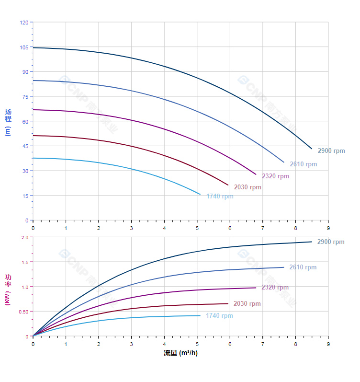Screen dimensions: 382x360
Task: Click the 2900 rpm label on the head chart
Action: click(x=331, y=150)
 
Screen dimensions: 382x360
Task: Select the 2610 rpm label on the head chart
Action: click(x=303, y=164)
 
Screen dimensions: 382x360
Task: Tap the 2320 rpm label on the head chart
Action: click(x=275, y=176)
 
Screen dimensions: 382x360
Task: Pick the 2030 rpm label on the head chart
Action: click(x=247, y=187)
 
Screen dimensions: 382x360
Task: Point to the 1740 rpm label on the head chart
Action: click(x=220, y=196)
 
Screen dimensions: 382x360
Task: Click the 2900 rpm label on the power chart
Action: click(x=331, y=242)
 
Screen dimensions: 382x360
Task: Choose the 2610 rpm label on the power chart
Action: click(x=303, y=267)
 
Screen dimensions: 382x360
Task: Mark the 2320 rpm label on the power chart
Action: click(x=275, y=287)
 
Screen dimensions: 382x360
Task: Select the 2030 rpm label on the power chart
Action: click(x=247, y=303)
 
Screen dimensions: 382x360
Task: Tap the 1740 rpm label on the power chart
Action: click(x=219, y=315)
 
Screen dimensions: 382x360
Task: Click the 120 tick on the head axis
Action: click(x=24, y=22)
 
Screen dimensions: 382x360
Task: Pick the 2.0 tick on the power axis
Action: click(x=25, y=237)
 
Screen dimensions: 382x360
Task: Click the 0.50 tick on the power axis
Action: click(x=23, y=312)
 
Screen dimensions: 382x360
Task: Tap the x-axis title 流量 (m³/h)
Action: click(x=180, y=353)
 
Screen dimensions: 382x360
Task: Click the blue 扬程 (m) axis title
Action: click(x=8, y=122)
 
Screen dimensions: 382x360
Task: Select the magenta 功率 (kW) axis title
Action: click(x=8, y=289)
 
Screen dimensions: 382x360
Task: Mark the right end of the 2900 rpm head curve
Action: click(x=312, y=149)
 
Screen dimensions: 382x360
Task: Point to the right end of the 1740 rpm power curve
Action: click(x=200, y=315)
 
